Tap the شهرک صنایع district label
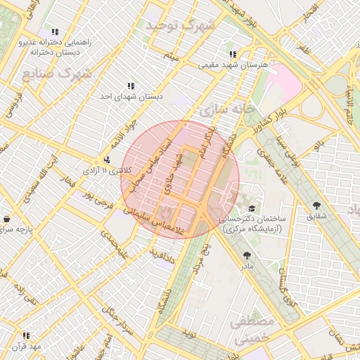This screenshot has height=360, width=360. tap(57, 73)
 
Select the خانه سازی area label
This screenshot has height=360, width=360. tap(225, 110)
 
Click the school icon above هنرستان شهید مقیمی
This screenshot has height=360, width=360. tap(232, 54)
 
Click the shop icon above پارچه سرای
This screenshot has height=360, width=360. tap(6, 219)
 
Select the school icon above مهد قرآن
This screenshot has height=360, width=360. tap(26, 335)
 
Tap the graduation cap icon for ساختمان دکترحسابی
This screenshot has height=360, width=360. tap(252, 208)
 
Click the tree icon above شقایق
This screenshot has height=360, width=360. tap(316, 205)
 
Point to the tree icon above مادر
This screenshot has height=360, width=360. tap(246, 255)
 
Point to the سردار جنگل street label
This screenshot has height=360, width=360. tap(116, 320)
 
